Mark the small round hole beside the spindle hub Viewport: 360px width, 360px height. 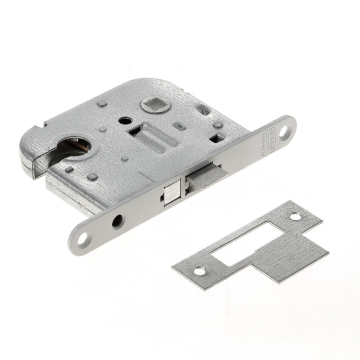[124, 121]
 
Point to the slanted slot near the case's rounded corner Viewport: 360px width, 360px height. [204, 110]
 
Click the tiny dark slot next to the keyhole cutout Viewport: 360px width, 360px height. [69, 170]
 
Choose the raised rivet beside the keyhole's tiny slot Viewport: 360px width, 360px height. [92, 177]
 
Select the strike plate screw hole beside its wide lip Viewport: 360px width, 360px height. [295, 217]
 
